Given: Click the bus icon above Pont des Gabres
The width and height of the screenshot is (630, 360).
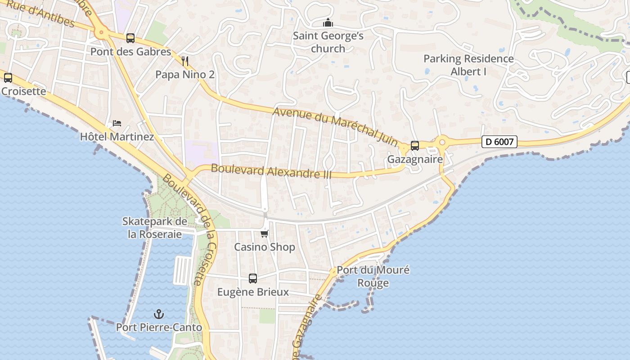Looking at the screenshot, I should click(130, 38).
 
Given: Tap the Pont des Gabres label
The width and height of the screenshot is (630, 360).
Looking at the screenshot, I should click(130, 52).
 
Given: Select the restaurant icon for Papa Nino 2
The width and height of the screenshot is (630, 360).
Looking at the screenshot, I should click(185, 61).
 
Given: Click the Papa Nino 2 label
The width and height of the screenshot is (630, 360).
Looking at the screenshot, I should click(185, 75).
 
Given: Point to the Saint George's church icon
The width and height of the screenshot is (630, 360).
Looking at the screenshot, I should click(328, 22).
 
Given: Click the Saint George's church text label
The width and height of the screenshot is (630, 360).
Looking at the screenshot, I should click(328, 42).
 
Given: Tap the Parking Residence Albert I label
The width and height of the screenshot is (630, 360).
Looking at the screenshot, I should click(468, 65).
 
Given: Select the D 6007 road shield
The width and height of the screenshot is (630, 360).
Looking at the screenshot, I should click(499, 142).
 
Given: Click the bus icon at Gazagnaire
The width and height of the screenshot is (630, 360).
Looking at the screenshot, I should click(415, 146).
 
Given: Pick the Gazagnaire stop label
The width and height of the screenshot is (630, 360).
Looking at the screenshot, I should click(415, 159).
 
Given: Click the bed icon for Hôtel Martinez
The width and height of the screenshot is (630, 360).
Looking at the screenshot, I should click(117, 123).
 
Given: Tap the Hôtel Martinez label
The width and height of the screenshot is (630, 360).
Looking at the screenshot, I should click(117, 136).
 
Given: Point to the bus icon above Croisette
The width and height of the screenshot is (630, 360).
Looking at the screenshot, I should click(8, 78).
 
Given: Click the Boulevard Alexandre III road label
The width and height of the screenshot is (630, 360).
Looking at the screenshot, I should click(271, 171).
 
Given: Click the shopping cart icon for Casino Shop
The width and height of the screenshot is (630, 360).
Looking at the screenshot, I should click(265, 234).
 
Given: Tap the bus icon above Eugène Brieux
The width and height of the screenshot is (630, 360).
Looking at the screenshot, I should click(253, 279).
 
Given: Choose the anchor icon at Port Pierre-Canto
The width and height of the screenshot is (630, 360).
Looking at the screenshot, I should click(158, 314).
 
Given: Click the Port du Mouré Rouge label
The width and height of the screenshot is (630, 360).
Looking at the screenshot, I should click(373, 276).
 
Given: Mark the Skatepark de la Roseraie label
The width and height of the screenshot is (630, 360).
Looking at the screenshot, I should click(155, 228).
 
